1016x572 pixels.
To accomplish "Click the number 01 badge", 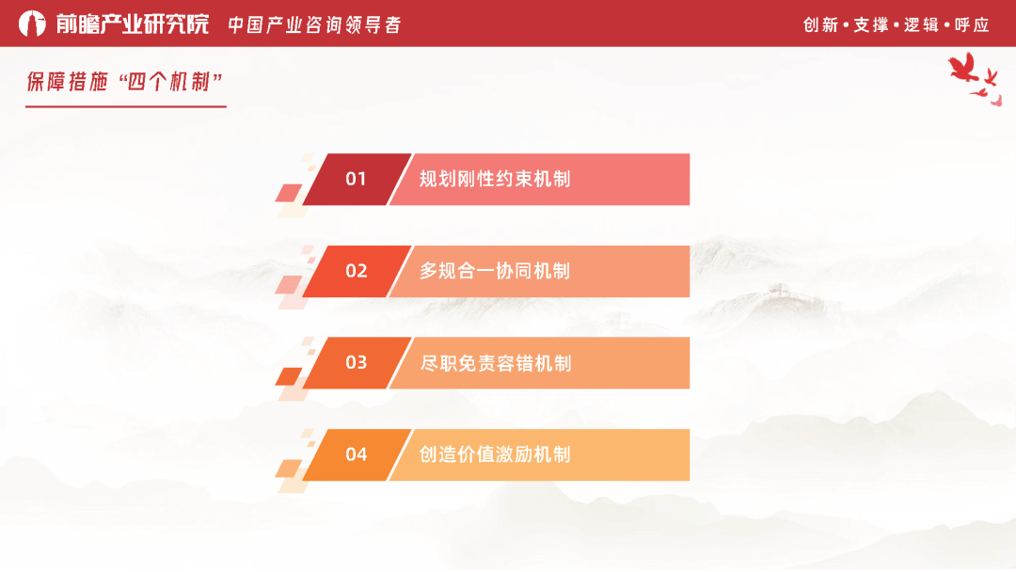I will pyautogui.click(x=356, y=179).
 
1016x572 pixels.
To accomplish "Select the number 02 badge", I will pyautogui.click(x=356, y=271).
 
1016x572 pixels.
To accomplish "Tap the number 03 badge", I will pyautogui.click(x=356, y=362).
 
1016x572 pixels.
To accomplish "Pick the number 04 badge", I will pyautogui.click(x=356, y=454).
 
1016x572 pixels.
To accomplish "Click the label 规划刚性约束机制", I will pyautogui.click(x=495, y=179).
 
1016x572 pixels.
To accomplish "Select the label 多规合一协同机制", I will pyautogui.click(x=495, y=271).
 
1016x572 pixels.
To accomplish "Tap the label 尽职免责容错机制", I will pyautogui.click(x=495, y=363).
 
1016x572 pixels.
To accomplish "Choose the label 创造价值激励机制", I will pyautogui.click(x=495, y=454).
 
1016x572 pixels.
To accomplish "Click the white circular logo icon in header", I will pyautogui.click(x=32, y=24).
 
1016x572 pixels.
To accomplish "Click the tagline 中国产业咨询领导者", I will pyautogui.click(x=314, y=24).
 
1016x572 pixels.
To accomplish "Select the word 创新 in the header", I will pyautogui.click(x=820, y=24).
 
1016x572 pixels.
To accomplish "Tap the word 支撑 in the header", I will pyautogui.click(x=871, y=24).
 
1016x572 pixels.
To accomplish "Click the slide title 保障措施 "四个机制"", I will pyautogui.click(x=124, y=82).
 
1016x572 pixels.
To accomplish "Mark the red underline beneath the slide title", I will pyautogui.click(x=125, y=106).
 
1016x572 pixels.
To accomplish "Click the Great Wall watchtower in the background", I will pyautogui.click(x=777, y=291).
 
